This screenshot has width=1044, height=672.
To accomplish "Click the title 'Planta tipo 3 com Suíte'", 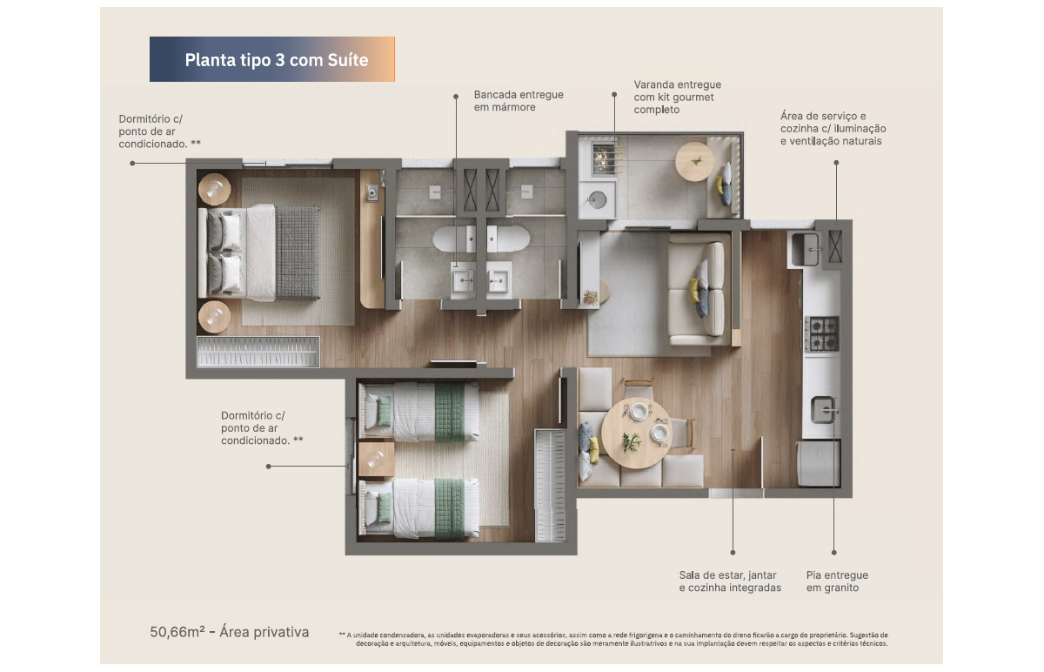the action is [x=277, y=60].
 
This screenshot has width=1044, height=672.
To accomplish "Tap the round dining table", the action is [x=636, y=433].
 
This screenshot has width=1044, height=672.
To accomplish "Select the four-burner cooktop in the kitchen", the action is [x=821, y=333].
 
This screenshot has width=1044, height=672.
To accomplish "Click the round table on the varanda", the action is [x=694, y=161].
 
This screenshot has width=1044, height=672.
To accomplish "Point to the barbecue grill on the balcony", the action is [x=607, y=158].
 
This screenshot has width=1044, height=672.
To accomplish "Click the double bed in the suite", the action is [x=259, y=252].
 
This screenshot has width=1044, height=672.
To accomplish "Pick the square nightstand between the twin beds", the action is [x=376, y=460].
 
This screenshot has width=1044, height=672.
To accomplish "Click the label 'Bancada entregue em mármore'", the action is [x=519, y=101].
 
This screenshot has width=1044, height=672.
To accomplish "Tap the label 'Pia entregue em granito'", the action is [x=837, y=581].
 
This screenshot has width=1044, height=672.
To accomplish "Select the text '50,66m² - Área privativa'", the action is [x=230, y=632].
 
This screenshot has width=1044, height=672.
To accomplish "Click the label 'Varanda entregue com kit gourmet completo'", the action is [x=677, y=97].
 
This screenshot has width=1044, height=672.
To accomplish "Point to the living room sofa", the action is [x=697, y=291].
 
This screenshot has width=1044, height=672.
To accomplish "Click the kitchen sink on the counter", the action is [x=824, y=409].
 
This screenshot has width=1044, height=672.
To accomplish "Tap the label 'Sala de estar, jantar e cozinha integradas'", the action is [x=730, y=581].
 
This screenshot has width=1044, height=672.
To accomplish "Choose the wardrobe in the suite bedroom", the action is [x=258, y=352].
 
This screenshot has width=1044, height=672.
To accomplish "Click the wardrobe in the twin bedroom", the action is [x=550, y=486].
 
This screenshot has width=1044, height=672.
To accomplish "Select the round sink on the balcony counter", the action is [x=596, y=200].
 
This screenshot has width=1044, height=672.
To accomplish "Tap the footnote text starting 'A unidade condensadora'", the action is [x=613, y=639].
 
